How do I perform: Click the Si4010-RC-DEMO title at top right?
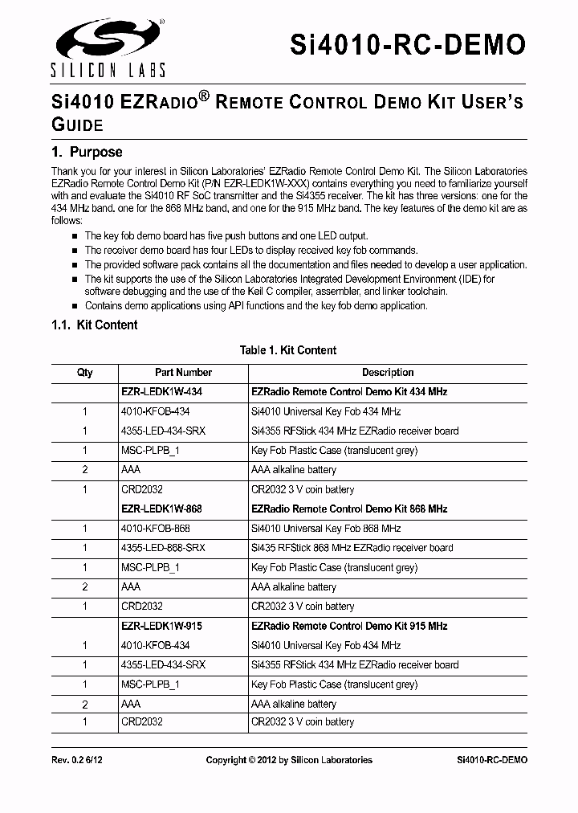click(x=408, y=44)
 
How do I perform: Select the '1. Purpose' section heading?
click(x=87, y=152)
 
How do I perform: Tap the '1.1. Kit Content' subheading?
click(x=94, y=325)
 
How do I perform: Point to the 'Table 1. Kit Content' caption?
click(x=288, y=350)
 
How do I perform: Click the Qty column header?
click(x=84, y=373)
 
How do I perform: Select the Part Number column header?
click(x=183, y=373)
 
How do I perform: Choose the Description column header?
click(x=388, y=373)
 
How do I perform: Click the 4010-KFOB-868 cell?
click(x=156, y=529)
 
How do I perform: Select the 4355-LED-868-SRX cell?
click(x=163, y=548)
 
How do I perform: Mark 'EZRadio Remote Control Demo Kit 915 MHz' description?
click(x=349, y=626)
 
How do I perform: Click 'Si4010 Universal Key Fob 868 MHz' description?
click(x=326, y=529)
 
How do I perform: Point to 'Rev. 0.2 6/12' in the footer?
click(x=77, y=760)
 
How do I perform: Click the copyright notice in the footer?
click(x=289, y=760)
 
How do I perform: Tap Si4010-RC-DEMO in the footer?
click(x=492, y=760)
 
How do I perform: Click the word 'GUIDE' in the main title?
click(x=77, y=125)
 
